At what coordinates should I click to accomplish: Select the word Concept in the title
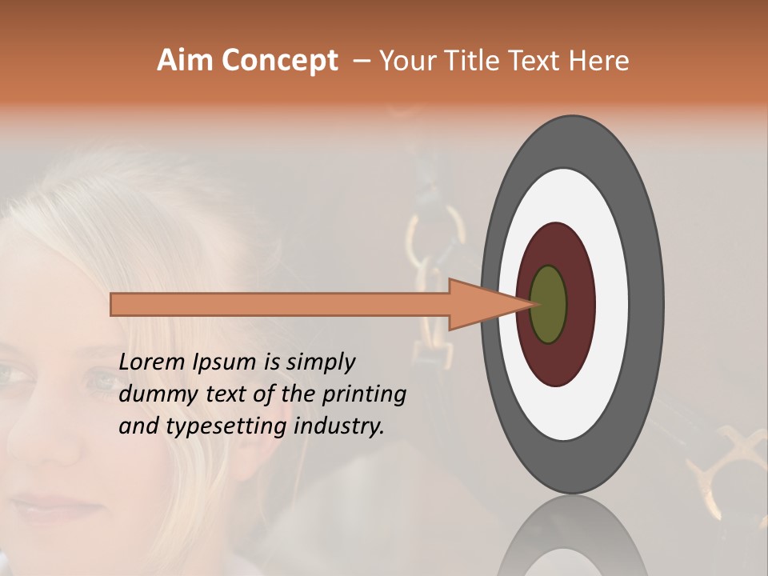(x=278, y=61)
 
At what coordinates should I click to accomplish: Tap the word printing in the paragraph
(x=364, y=394)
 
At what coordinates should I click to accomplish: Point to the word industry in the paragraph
(x=339, y=426)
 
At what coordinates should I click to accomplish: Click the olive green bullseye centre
(x=548, y=304)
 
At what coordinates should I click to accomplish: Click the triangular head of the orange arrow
(x=480, y=304)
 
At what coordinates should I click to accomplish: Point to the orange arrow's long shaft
(x=280, y=304)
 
